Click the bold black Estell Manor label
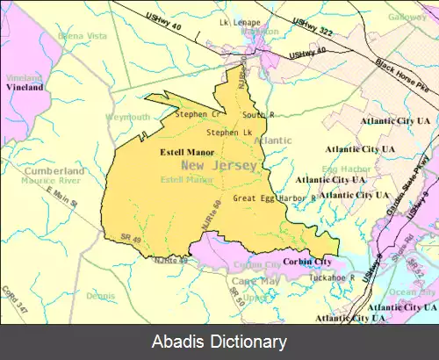tap(187, 152)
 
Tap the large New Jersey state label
tap(220, 165)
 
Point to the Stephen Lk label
tap(223, 133)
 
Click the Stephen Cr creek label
tap(197, 114)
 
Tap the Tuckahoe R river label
tap(332, 277)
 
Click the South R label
tap(260, 114)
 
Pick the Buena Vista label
tap(76, 36)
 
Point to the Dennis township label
tap(100, 296)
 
